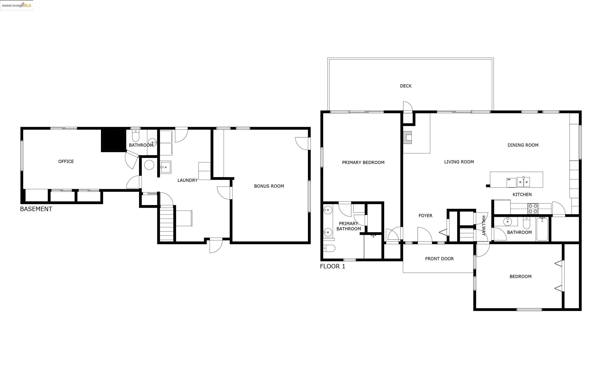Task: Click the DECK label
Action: coord(406,86)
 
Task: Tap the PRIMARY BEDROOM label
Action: coord(363,163)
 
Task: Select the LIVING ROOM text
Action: coord(459,162)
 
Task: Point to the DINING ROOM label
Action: coord(523,145)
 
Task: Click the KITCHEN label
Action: coord(522,195)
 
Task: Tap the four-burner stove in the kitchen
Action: coord(533,209)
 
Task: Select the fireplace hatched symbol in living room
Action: coord(407,137)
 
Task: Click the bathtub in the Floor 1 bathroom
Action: coord(542,229)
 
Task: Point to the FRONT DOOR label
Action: coord(439,259)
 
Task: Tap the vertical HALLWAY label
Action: coord(484,226)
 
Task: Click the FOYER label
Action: coord(425,216)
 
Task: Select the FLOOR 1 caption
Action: coord(333,267)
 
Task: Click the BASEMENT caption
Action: coord(36,209)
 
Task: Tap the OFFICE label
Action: coord(66,161)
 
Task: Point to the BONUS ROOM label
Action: coord(269,186)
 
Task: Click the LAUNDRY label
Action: coord(187,180)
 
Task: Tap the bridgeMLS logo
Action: coord(17,5)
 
